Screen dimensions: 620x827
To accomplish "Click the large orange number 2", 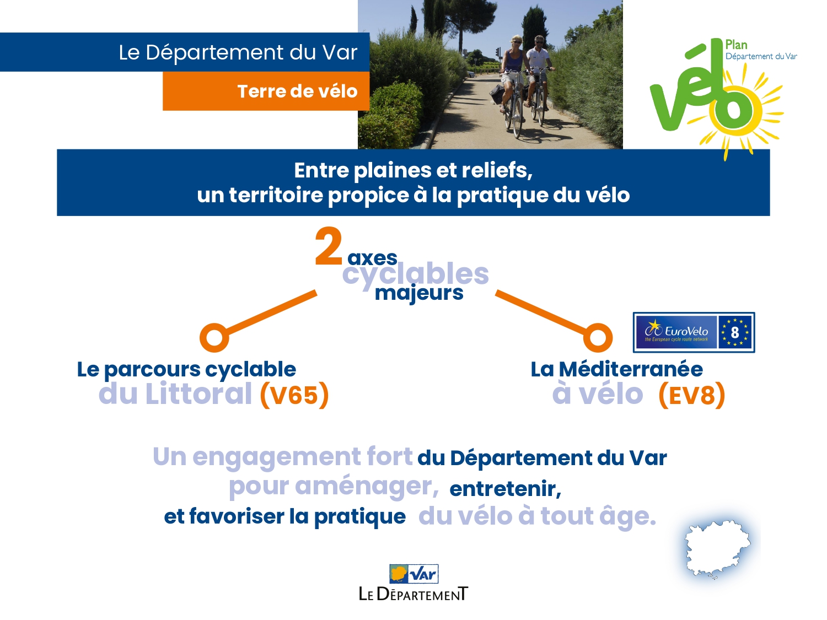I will click(329, 247).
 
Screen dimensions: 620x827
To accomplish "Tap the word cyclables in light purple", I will click(415, 274).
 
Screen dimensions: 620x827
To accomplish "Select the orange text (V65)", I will click(294, 395).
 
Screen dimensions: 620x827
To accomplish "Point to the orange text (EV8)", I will click(692, 395).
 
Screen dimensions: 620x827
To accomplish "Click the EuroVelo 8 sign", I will click(694, 332).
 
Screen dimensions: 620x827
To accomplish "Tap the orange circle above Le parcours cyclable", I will click(214, 337).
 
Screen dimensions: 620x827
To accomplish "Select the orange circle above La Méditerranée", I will click(598, 337).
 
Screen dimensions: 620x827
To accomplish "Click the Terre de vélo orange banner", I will click(266, 91).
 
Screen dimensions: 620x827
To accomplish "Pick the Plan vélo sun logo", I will click(717, 94).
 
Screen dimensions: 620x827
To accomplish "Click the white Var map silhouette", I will click(717, 548).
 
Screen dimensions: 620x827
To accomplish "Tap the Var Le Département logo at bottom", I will click(413, 583).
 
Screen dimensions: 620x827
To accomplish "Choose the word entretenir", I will click(505, 489).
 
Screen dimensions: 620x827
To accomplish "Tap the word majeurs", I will click(419, 293).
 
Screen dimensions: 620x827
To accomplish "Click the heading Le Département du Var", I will click(238, 52).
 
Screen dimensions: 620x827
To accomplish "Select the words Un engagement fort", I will click(282, 457).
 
